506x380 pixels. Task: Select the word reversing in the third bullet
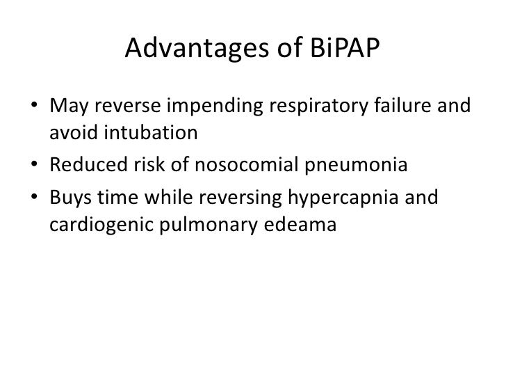234,198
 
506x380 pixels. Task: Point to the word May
69,108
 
